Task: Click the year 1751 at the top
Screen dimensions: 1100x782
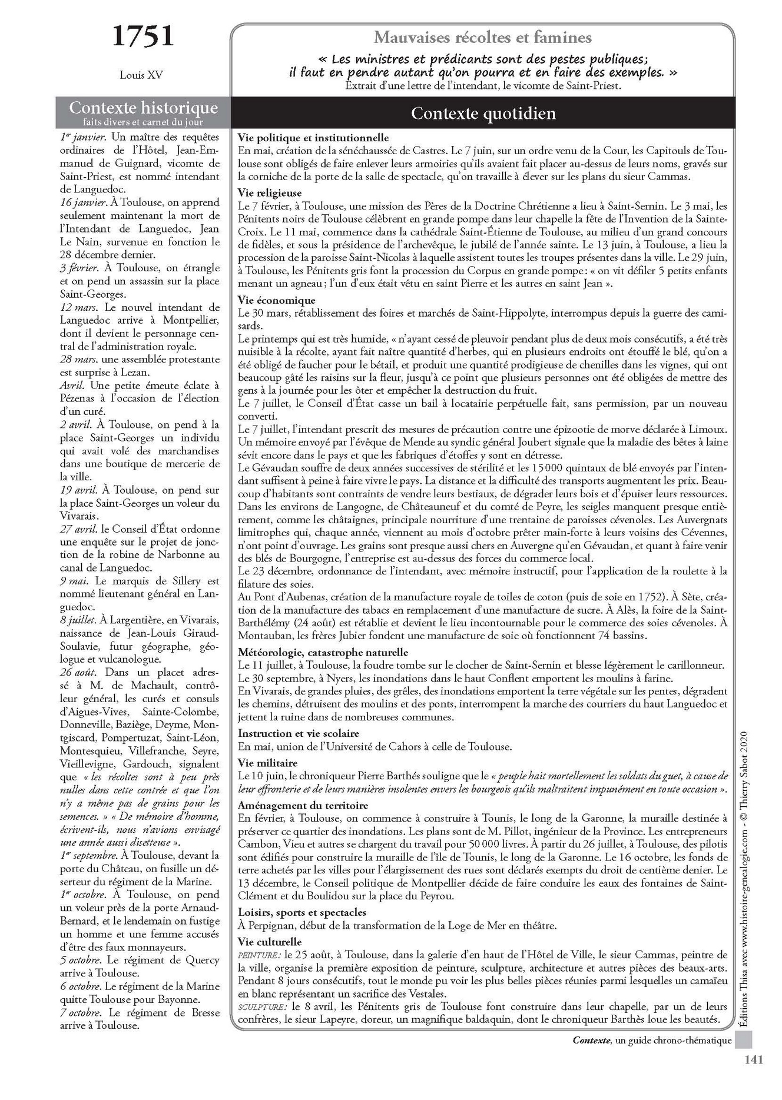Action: pos(143,36)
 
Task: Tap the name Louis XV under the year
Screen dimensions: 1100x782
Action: pos(141,75)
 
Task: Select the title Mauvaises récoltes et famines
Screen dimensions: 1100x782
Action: pos(482,38)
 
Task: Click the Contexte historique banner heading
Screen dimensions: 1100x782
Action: pos(143,108)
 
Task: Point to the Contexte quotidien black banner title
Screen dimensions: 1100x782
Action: pos(483,113)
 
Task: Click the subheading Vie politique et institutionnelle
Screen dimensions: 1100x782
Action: pos(313,138)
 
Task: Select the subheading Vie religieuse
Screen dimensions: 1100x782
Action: pos(270,192)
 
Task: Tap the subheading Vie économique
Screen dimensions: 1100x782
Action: pos(277,300)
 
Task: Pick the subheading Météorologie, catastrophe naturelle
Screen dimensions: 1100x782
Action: pos(323,652)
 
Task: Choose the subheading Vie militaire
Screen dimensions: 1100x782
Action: pos(268,763)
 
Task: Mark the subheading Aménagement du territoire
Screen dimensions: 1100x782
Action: pos(303,805)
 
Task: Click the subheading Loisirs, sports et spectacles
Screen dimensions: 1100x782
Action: pos(302,912)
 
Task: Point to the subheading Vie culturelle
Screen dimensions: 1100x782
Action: pos(270,942)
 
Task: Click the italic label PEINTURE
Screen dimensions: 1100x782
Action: pos(257,955)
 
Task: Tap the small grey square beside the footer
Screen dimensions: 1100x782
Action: pos(744,1041)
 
